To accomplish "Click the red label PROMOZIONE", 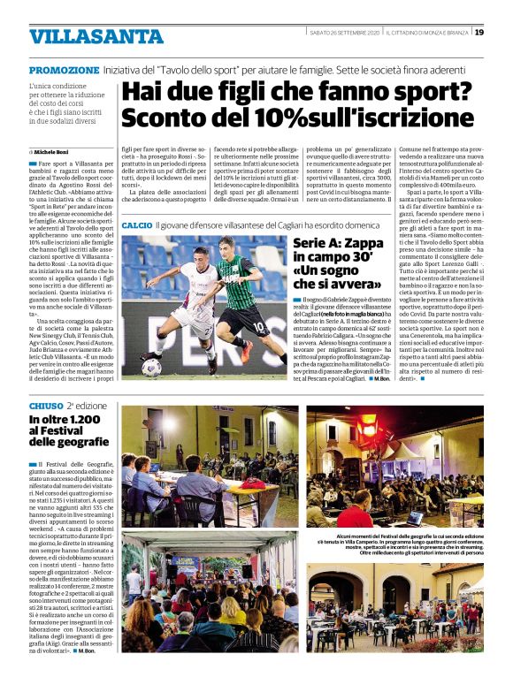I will (x=64, y=70).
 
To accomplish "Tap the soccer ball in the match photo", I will (x=151, y=366).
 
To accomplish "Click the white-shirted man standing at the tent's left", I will (x=133, y=582).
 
